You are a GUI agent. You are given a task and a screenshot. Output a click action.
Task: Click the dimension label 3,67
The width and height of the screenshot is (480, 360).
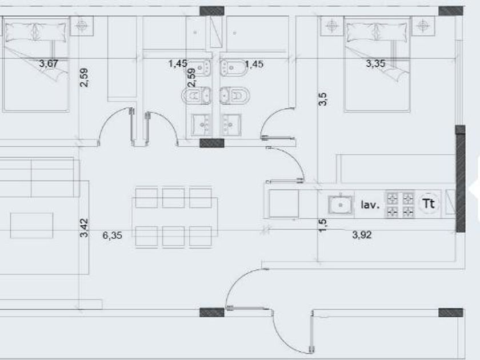click(x=49, y=63)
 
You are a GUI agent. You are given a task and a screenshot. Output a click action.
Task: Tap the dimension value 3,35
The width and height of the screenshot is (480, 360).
click(x=375, y=63)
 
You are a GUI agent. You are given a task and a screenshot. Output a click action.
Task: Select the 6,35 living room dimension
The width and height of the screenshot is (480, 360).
click(x=112, y=235)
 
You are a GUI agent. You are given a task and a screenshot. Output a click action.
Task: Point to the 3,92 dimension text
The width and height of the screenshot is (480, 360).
click(x=362, y=235)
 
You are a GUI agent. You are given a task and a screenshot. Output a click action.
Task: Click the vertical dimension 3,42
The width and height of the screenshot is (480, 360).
click(x=84, y=227)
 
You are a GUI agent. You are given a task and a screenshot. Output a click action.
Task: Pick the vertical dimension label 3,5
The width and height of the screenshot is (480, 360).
click(x=323, y=99)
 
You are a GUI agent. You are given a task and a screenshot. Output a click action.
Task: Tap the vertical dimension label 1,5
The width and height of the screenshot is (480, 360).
click(x=323, y=226)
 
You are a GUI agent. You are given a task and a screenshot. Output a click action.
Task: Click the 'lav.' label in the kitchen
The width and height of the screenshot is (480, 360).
click(x=370, y=205)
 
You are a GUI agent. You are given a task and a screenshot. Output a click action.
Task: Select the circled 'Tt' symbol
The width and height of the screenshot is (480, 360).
click(x=429, y=203)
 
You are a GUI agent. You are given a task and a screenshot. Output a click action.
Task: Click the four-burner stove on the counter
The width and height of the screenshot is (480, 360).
click(x=400, y=205)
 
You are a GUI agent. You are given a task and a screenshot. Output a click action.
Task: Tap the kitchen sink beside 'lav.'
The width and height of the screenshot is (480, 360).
click(x=341, y=205)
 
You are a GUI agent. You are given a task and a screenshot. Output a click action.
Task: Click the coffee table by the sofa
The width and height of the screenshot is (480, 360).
click(x=31, y=226)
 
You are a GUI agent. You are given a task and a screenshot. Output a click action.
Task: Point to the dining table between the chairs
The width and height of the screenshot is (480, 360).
click(x=175, y=217)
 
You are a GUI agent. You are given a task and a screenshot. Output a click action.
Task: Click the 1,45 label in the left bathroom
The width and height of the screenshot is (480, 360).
click(x=178, y=63)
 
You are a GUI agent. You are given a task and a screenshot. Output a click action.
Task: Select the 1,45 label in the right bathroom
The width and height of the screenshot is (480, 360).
click(x=254, y=64)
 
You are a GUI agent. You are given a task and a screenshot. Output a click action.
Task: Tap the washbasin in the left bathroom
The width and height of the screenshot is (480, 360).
click(x=201, y=125)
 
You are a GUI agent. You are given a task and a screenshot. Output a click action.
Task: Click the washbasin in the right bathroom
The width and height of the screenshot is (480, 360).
click(x=231, y=125)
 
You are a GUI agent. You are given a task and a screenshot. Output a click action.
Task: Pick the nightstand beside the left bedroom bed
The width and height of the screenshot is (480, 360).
click(x=81, y=26)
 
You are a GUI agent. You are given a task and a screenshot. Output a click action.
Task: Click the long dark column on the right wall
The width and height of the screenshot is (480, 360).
click(x=461, y=178)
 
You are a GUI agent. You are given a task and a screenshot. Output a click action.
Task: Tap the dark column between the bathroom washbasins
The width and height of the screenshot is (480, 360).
click(x=212, y=143)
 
